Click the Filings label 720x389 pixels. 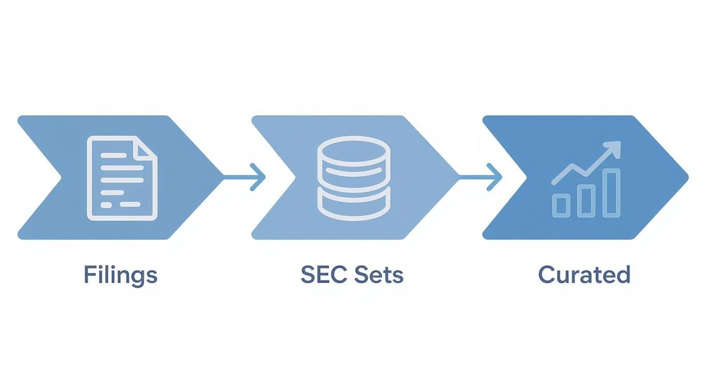120,275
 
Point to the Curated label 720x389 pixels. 584,275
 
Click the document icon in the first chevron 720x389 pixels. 122,178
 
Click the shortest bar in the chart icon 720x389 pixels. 561,205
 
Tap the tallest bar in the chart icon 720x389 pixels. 611,192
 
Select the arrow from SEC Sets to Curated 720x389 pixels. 480,177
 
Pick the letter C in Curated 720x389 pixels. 547,275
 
